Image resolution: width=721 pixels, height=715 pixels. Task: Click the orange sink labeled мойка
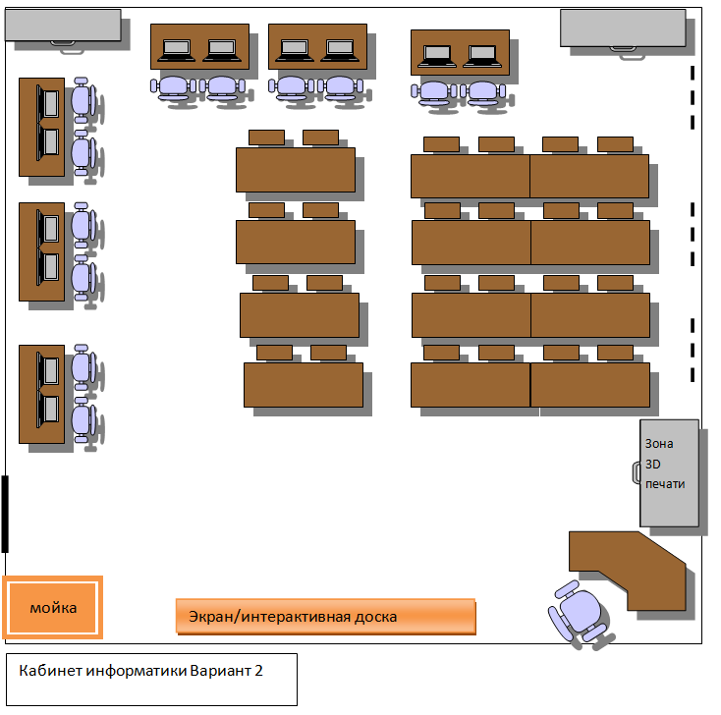[52, 607]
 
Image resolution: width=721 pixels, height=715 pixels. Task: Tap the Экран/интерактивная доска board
[325, 616]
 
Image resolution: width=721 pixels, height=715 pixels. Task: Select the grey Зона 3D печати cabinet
[669, 472]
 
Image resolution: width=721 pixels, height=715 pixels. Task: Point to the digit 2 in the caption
[258, 671]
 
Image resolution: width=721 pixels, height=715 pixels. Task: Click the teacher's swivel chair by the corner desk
[580, 614]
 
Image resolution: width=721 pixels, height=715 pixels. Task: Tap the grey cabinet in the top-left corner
[63, 25]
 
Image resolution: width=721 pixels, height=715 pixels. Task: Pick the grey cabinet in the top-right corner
[623, 27]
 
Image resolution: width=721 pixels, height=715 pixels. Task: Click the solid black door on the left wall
[5, 514]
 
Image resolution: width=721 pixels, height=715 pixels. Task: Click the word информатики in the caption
[137, 671]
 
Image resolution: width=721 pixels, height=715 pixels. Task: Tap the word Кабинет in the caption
[50, 671]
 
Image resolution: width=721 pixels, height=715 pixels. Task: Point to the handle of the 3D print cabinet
[637, 472]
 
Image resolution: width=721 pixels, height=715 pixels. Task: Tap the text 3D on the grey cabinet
[652, 464]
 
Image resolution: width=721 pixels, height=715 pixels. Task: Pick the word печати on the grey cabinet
[665, 484]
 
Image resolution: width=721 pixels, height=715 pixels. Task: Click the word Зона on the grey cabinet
[659, 444]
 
